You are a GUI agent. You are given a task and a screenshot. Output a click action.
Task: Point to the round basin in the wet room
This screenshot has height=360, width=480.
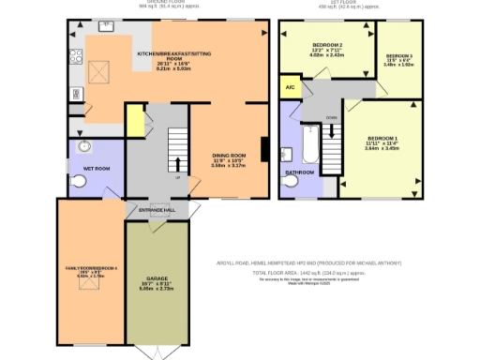[84, 146]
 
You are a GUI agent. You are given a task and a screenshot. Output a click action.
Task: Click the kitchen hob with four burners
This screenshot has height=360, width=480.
[74, 57]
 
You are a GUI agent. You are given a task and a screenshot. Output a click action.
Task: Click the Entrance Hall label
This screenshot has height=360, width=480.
[157, 210]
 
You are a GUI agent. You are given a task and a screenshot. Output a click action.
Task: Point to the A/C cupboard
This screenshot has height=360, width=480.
[289, 89]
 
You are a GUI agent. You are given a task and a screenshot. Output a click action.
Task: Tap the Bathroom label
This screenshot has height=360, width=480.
[299, 173]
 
